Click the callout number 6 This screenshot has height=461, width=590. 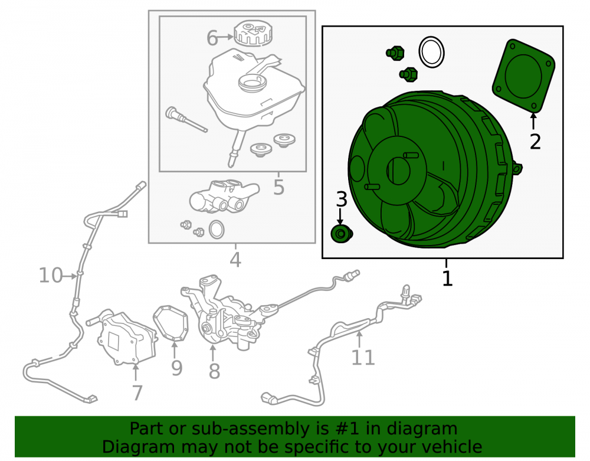tap(212, 38)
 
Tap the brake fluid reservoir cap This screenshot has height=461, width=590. tap(252, 33)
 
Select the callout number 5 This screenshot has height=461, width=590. tap(278, 187)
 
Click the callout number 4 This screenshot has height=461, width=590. tap(235, 260)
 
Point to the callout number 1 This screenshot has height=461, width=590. tap(447, 279)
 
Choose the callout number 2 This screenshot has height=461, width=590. tap(535, 142)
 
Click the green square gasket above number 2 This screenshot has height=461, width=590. tap(523, 76)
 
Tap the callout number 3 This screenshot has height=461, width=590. tap(341, 199)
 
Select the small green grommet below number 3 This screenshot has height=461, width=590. tap(341, 234)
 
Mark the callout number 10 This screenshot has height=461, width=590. tap(51, 276)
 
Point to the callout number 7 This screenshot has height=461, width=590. tap(137, 393)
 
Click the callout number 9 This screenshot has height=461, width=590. tap(177, 368)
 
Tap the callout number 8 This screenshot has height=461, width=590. tap(214, 371)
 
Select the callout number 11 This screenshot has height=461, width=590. tap(363, 358)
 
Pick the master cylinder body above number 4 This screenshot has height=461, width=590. tap(224, 197)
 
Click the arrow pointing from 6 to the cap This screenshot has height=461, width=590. tap(226, 37)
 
